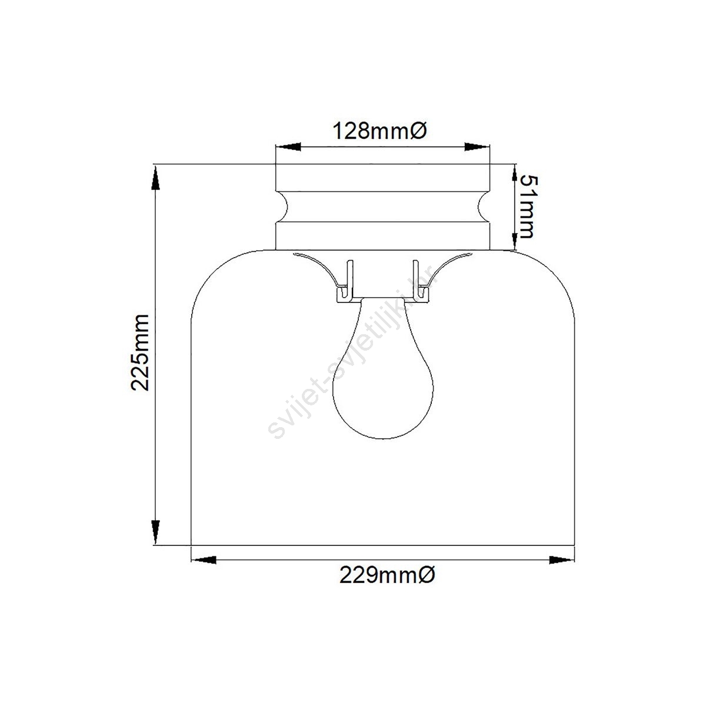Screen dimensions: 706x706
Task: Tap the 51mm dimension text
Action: [x=529, y=207]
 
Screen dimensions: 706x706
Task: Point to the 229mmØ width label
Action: [x=387, y=575]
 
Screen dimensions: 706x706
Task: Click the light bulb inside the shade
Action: [x=382, y=368]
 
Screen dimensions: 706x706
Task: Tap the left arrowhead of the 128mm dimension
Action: [x=288, y=147]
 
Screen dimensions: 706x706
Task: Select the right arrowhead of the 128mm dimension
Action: [x=477, y=147]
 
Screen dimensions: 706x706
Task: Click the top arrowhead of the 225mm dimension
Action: [x=156, y=177]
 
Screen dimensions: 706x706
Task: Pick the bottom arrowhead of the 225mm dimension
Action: [x=156, y=532]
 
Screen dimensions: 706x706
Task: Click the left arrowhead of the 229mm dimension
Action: [x=204, y=560]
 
